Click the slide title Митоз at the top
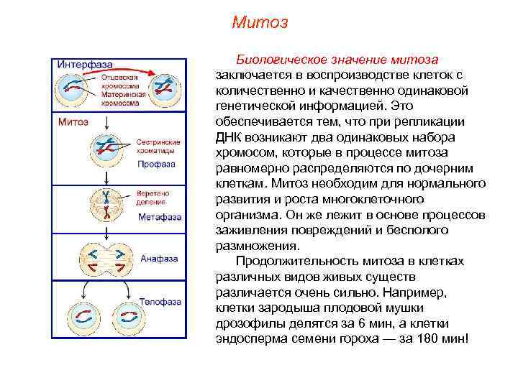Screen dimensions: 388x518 point(260,23)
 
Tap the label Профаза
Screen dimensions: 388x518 point(157,164)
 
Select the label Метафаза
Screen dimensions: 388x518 point(160,216)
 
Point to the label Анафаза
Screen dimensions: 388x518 point(159,258)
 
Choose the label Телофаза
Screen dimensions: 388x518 point(160,302)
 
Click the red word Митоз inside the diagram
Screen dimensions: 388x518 point(73,121)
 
